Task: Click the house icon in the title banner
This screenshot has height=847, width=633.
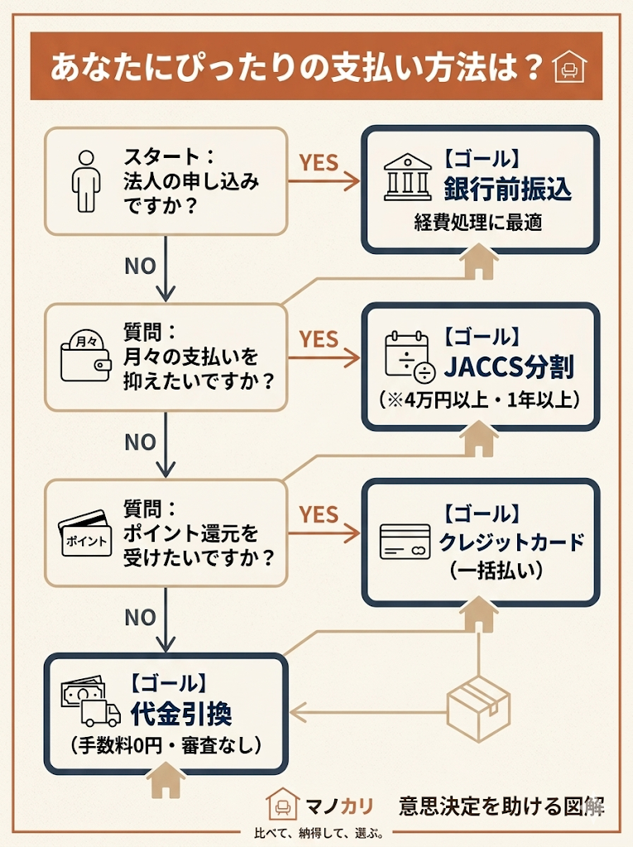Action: tap(568, 67)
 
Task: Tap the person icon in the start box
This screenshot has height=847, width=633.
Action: tap(85, 180)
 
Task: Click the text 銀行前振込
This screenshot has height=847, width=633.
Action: tap(507, 189)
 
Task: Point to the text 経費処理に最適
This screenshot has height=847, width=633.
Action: tap(478, 223)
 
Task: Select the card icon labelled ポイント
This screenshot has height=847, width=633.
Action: tap(84, 533)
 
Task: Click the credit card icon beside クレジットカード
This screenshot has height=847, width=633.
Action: tap(405, 541)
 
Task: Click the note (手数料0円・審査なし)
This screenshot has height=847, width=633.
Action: tap(165, 745)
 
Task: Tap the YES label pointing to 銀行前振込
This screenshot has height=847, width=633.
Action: tap(319, 162)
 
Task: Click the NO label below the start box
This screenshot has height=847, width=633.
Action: tap(140, 266)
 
